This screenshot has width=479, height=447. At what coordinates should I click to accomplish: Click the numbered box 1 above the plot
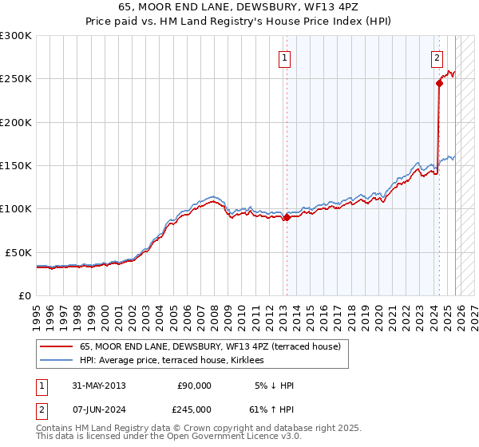(x=285, y=57)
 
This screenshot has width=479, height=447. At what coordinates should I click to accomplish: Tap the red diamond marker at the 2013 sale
(x=287, y=217)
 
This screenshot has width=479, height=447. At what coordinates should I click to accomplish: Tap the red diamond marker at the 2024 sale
(x=439, y=82)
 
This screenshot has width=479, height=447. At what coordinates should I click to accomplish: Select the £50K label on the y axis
(x=19, y=252)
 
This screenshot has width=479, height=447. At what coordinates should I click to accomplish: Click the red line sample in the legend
(x=57, y=346)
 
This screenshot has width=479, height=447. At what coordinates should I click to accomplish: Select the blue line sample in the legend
(x=57, y=360)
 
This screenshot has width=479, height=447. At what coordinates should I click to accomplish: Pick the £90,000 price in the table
(x=193, y=386)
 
